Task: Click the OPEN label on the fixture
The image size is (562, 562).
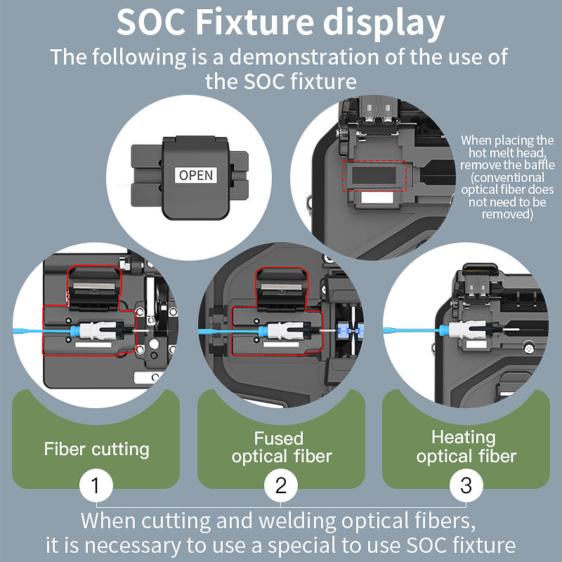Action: (x=196, y=175)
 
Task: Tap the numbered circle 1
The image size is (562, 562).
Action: (x=96, y=485)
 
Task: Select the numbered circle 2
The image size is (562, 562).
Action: (x=280, y=485)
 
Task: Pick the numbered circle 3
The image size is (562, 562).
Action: (x=466, y=485)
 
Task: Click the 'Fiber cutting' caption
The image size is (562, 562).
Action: (x=96, y=449)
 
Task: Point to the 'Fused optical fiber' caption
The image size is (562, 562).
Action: (x=282, y=447)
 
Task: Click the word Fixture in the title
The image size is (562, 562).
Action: (x=254, y=22)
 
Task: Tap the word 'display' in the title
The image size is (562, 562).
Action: (x=384, y=24)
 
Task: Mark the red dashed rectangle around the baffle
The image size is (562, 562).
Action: (x=374, y=161)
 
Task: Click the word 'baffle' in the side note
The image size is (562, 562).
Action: (x=537, y=165)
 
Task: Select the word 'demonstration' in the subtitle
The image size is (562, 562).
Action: (x=304, y=57)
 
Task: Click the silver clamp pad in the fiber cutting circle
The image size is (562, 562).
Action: (x=94, y=286)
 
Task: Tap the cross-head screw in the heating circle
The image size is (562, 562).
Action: (x=529, y=348)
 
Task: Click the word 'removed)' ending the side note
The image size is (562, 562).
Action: (x=507, y=214)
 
